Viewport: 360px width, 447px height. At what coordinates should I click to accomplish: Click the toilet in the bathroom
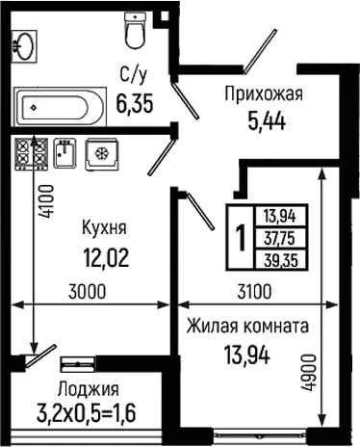pos(135,31)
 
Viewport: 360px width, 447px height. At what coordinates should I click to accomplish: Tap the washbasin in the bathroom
pos(24,46)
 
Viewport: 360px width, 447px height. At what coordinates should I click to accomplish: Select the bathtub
pos(60,107)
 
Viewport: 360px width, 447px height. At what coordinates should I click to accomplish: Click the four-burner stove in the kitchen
pos(32,154)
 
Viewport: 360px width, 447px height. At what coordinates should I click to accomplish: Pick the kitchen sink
pos(65,153)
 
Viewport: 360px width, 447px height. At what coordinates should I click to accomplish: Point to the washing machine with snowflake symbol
pos(102,154)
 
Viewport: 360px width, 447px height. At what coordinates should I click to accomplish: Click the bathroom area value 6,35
pos(135,103)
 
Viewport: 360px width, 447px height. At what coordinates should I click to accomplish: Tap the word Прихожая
pos(264,93)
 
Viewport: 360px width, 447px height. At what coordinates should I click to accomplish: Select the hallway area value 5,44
pos(267,121)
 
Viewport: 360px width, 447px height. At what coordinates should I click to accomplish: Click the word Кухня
pos(105,227)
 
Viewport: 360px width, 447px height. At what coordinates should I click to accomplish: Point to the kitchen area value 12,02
pos(106,258)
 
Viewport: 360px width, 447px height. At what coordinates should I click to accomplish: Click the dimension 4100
pos(45,202)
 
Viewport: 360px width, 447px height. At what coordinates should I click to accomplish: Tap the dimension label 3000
pos(88,292)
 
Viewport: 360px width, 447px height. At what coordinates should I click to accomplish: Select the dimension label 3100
pos(254,292)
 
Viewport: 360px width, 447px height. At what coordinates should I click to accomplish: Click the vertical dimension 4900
pos(307,372)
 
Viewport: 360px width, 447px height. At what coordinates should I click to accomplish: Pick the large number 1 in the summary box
pos(241,238)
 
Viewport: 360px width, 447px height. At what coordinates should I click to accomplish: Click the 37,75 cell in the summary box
pos(279,238)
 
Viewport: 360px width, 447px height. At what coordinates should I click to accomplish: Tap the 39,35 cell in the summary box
pos(281,260)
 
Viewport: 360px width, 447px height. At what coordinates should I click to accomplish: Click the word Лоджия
pos(89,389)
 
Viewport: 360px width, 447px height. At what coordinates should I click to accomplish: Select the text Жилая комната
pos(248,327)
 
